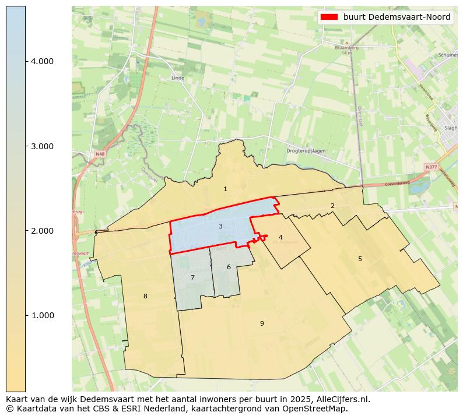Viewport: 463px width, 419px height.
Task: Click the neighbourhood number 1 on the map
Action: pos(225,189)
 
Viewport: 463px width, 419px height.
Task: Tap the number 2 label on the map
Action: pos(332,206)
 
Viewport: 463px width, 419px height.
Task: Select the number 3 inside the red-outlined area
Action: pos(220,226)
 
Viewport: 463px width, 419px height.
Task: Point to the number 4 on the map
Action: pos(280,237)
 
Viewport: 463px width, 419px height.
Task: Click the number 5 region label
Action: pos(360,259)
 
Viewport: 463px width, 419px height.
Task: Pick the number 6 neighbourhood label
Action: pos(229,267)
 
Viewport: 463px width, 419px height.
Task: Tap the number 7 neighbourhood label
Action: pos(192,277)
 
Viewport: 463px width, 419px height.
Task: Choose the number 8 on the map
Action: pos(145,296)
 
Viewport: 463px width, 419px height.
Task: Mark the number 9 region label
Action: pos(262,323)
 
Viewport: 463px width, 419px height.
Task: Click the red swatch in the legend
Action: pos(329,17)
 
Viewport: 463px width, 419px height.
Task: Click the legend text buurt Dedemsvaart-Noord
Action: pos(397,17)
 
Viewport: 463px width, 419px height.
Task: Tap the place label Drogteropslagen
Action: pos(306,151)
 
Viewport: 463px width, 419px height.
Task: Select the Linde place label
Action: pos(178,78)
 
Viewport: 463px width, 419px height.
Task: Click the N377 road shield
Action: pos(431,167)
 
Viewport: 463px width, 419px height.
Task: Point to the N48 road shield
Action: pos(100,154)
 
